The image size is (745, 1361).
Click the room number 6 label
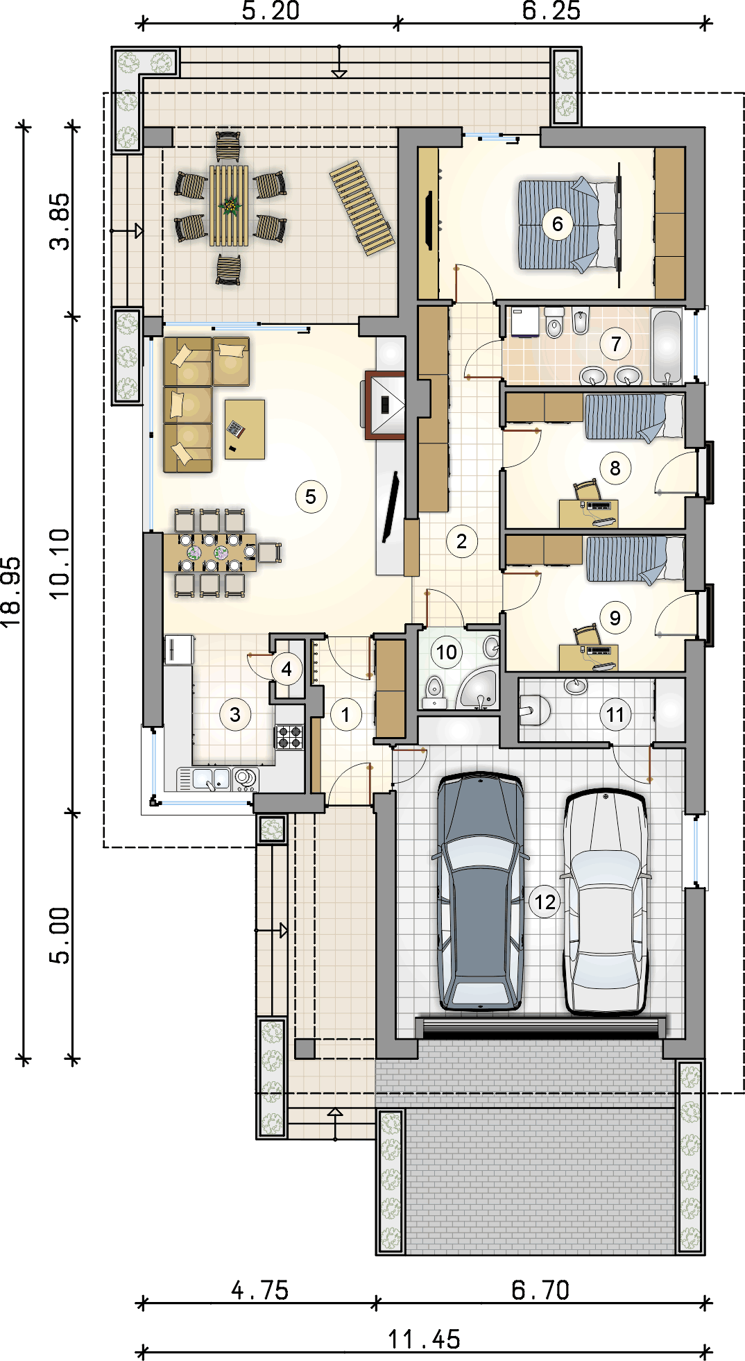(x=557, y=223)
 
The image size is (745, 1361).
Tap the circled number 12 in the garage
(x=545, y=902)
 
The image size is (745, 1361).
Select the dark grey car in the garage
(x=479, y=891)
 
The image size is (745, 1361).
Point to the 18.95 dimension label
(x=11, y=592)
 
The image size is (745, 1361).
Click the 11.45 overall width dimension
(x=424, y=1339)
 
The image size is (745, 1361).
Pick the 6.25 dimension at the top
(x=551, y=10)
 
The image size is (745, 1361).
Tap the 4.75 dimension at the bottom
(x=260, y=1290)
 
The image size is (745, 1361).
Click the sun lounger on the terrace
(x=361, y=208)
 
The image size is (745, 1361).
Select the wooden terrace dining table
(x=229, y=205)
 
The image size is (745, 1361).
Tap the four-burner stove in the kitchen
(x=289, y=737)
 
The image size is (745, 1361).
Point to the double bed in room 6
(x=570, y=223)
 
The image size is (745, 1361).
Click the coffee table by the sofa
(x=244, y=429)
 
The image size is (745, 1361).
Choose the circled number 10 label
(x=446, y=652)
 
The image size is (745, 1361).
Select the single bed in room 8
(x=633, y=417)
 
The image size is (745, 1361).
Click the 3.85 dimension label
(x=60, y=221)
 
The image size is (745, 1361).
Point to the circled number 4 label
(x=286, y=670)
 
